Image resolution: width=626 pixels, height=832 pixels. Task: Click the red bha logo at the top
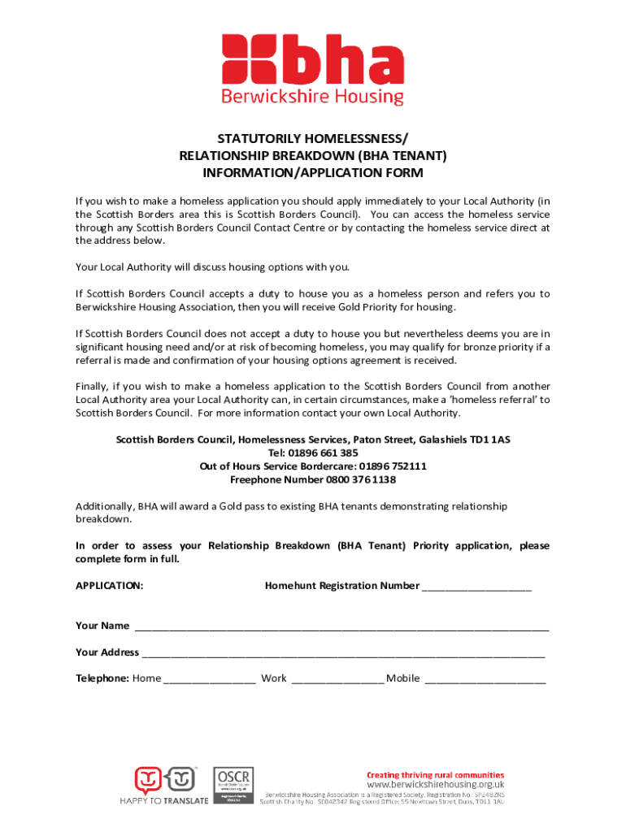313,58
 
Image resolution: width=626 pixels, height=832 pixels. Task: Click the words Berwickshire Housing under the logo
313,97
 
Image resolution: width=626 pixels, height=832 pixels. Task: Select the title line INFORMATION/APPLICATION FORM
313,173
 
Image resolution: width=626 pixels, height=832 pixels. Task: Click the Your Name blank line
341,627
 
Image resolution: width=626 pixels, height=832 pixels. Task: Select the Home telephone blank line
210,680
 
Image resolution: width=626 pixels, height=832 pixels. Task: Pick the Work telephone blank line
337,680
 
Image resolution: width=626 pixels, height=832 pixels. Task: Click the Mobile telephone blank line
485,680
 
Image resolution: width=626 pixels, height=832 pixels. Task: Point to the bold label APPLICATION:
110,586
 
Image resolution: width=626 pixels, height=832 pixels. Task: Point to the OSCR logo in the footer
233,784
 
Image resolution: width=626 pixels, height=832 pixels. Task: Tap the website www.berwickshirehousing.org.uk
436,785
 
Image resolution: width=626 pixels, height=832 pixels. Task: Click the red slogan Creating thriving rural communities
435,775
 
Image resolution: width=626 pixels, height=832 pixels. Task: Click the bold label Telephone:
102,678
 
